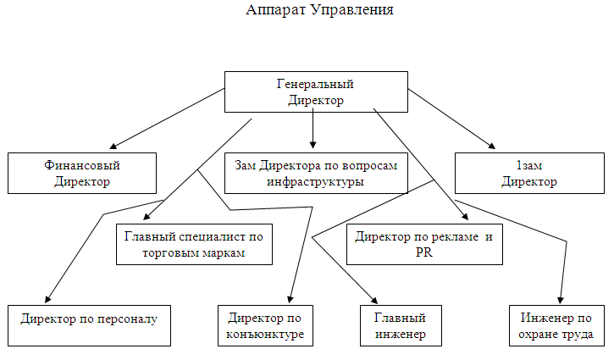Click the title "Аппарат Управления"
319,11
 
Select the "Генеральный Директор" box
315,91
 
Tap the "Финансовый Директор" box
82,174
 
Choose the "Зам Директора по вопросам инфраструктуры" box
315,174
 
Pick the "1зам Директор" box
528,174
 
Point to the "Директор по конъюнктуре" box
266,325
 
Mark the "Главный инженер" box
399,325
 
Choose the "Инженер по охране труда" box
556,325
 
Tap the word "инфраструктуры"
314,182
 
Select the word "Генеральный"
315,84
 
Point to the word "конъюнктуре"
266,335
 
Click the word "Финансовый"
82,166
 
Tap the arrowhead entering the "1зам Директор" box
491,146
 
